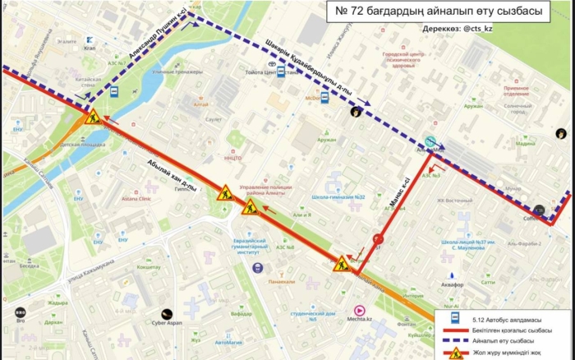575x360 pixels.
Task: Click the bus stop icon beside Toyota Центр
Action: pyautogui.click(x=281, y=72)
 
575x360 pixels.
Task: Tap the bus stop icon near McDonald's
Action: pyautogui.click(x=324, y=97)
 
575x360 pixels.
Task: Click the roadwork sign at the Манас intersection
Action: pyautogui.click(x=341, y=264)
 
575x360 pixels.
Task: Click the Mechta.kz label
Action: pyautogui.click(x=360, y=320)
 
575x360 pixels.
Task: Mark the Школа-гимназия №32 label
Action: pyautogui.click(x=338, y=197)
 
